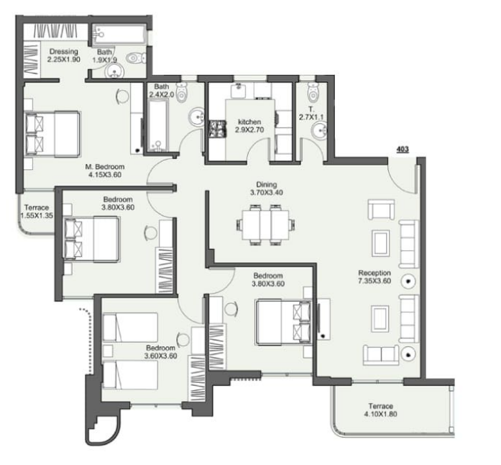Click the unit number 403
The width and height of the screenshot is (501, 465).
[403, 149]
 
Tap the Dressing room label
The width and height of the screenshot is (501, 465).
[63, 52]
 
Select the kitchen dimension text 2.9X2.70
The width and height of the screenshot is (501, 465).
[249, 130]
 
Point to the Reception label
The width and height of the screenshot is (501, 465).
[374, 273]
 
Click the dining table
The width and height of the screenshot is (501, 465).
[266, 225]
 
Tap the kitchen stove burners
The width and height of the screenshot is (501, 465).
[218, 129]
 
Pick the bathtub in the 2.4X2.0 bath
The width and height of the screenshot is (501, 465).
[157, 125]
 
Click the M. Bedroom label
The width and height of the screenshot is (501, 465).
[105, 167]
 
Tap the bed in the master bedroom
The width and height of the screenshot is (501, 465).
[52, 134]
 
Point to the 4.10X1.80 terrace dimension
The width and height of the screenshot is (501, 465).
[380, 414]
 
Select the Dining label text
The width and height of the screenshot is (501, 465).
[267, 184]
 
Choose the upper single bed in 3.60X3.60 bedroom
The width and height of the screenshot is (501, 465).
[130, 327]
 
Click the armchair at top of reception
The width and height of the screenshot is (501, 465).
[381, 209]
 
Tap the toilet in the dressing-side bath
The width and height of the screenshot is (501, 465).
[137, 58]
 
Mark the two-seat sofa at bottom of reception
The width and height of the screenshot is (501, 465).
[381, 355]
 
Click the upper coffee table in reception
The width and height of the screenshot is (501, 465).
[380, 243]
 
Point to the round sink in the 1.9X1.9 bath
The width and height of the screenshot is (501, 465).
[114, 69]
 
